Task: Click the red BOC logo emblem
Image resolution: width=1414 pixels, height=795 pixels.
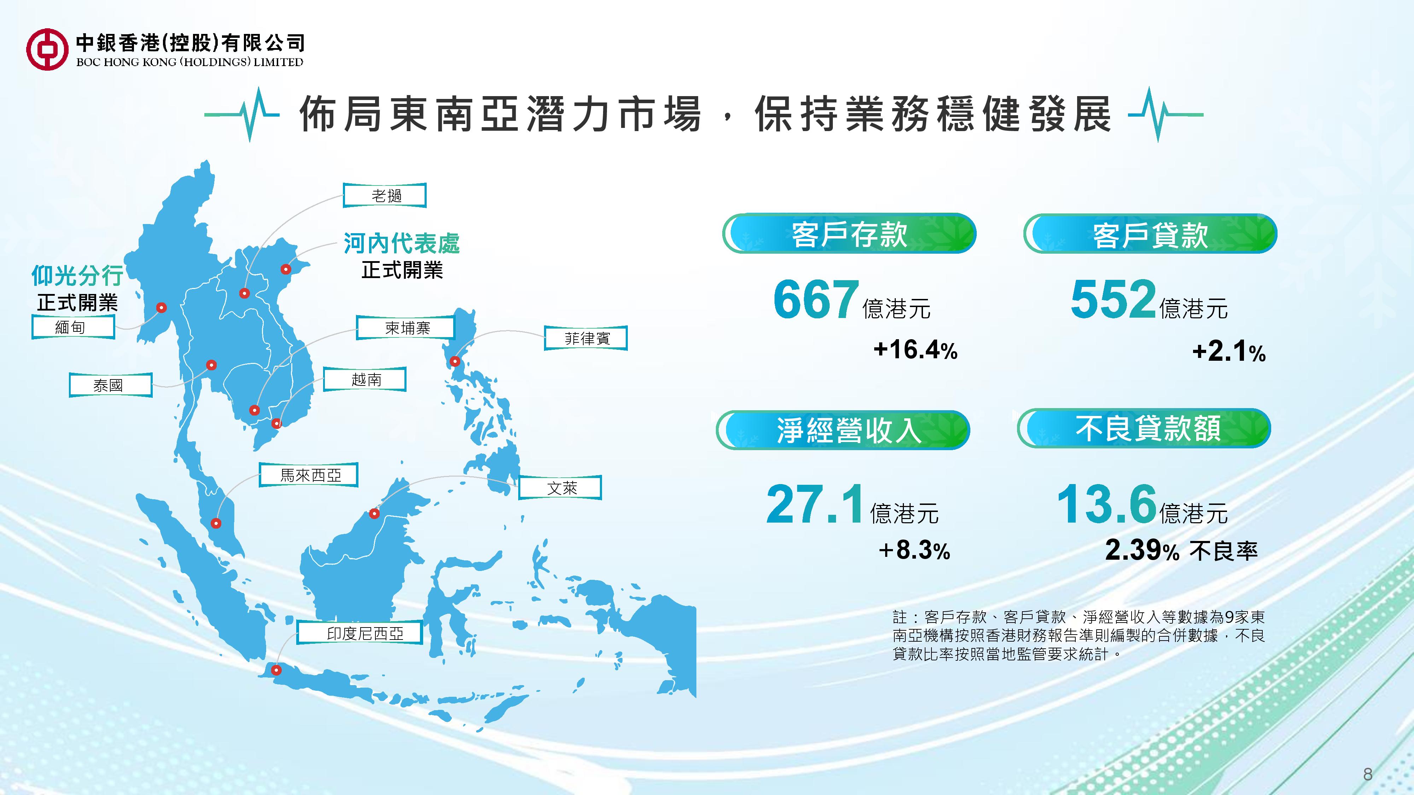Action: pyautogui.click(x=47, y=49)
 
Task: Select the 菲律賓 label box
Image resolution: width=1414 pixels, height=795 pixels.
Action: pyautogui.click(x=586, y=338)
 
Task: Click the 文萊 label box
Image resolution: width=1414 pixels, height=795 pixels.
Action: pyautogui.click(x=560, y=487)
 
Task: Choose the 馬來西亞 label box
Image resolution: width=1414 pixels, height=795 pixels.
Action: pyautogui.click(x=309, y=475)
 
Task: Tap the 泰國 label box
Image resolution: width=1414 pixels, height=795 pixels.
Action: pyautogui.click(x=110, y=385)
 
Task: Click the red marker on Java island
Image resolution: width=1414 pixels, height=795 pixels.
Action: pyautogui.click(x=277, y=670)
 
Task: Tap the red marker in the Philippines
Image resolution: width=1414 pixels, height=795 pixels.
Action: pyautogui.click(x=455, y=361)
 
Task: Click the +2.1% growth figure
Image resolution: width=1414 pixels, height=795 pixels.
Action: pyautogui.click(x=1228, y=351)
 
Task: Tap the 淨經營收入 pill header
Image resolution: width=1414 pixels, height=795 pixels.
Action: pyautogui.click(x=843, y=430)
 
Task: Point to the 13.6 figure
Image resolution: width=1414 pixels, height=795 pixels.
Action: pyautogui.click(x=1106, y=503)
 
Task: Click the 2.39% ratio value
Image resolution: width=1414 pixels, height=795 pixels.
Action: pyautogui.click(x=1142, y=550)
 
